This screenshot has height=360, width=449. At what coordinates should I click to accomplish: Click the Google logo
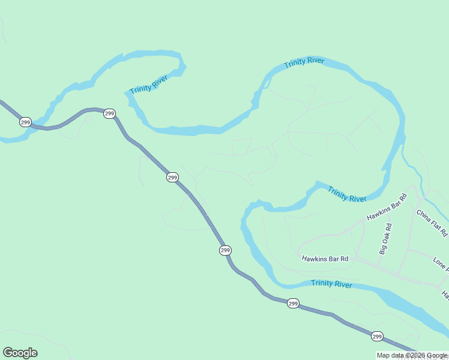click(20, 353)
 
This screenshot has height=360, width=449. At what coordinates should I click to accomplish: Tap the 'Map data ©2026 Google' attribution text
click(412, 355)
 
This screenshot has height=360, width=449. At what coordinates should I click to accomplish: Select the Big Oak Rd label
click(385, 239)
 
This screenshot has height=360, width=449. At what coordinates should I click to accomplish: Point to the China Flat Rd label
click(432, 221)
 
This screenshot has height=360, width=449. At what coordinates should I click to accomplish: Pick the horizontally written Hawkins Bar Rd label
click(325, 259)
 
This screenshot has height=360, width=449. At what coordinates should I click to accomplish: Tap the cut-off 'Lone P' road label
click(441, 264)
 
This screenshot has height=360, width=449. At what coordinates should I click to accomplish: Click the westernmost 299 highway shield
click(25, 122)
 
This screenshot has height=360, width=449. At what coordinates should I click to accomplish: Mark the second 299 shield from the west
click(109, 113)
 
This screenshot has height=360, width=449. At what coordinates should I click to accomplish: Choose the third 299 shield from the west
click(172, 177)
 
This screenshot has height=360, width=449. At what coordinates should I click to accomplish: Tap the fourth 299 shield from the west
click(225, 250)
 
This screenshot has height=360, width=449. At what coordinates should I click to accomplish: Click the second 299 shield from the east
click(292, 304)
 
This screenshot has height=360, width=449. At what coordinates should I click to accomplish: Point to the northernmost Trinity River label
click(304, 62)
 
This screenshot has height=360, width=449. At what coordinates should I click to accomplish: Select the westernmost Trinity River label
click(148, 85)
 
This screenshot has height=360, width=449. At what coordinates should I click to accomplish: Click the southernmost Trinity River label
click(331, 284)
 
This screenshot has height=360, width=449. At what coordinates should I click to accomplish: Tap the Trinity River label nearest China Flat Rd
click(347, 194)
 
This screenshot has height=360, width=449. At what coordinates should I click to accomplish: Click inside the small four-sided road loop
click(241, 146)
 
